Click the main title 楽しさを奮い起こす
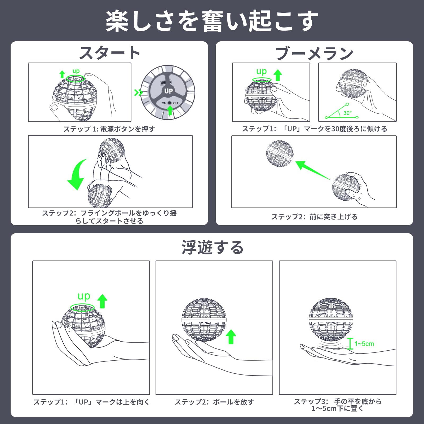coord(212,21)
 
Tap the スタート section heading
coord(109,53)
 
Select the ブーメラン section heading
coord(315,53)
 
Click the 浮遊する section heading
coord(213,247)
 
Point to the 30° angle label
coord(347,113)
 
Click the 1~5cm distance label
coord(364,344)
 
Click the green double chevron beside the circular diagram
coord(138,92)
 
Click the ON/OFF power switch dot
coord(170,103)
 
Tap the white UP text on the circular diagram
coord(169,91)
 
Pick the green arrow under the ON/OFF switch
coord(170,110)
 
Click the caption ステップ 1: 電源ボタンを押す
coord(109,129)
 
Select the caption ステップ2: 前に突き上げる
coord(314,217)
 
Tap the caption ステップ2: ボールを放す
coord(214,402)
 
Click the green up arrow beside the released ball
coord(231,337)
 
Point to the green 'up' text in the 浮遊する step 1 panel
coord(84,296)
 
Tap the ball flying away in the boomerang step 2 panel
coord(280,153)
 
